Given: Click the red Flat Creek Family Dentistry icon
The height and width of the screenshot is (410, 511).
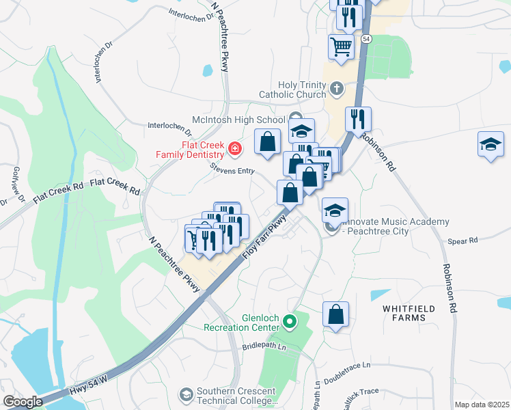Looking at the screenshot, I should coord(235,148).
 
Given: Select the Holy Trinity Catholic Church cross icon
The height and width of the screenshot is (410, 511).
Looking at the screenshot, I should coord(335,88).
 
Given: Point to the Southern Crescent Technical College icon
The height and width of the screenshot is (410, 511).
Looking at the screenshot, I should coord(186,394).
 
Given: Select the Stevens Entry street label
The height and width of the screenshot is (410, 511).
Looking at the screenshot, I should coord(232,167).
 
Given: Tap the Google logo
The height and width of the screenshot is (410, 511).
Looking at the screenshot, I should coord(22,401).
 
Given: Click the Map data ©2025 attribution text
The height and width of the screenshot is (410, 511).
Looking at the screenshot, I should coord(482,405).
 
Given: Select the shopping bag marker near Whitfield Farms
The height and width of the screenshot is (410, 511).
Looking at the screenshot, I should coord(335,315).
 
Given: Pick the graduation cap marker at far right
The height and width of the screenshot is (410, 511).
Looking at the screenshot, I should coord(490,144).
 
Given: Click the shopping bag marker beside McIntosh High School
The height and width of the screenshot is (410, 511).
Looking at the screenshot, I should coord(268,141).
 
